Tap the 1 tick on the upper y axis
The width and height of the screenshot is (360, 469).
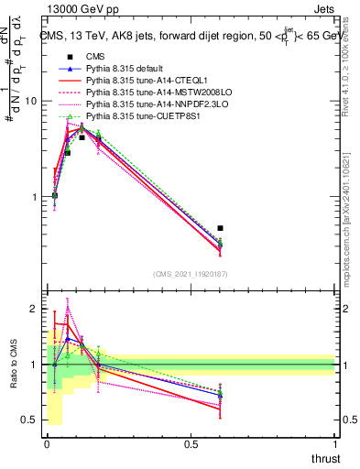35,197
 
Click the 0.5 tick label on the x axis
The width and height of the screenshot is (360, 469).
191,444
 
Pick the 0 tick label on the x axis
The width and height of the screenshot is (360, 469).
47,444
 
